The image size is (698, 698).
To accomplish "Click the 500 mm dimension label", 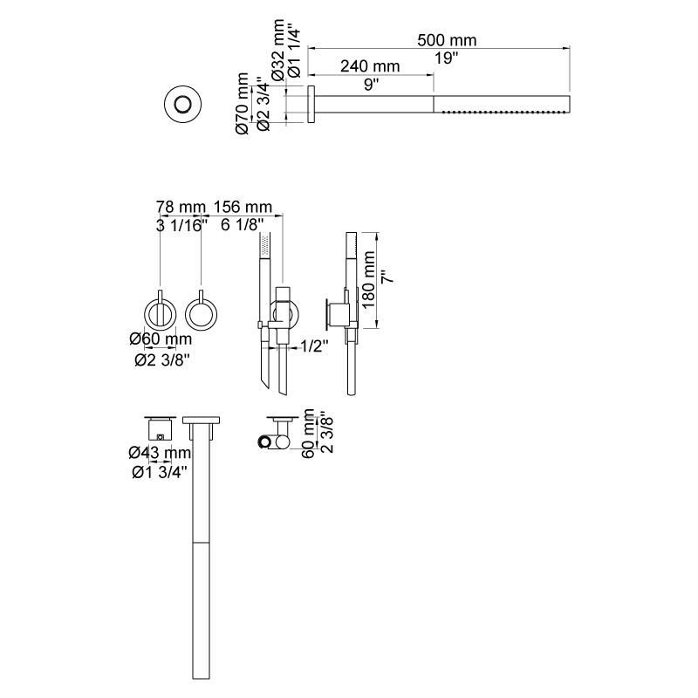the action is [x=447, y=40].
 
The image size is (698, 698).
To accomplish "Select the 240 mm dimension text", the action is [x=370, y=66].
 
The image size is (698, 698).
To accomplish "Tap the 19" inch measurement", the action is [x=447, y=58].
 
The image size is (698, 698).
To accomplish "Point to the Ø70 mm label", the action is [x=243, y=103].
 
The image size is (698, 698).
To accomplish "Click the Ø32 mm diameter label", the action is [x=278, y=50].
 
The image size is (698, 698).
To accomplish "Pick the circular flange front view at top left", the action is [x=182, y=105].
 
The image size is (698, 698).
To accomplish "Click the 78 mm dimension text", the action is [x=181, y=207].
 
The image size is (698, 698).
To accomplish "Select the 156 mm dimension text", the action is [x=243, y=207].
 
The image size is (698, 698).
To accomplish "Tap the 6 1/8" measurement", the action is [x=243, y=225].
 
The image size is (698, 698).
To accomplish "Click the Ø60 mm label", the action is [x=161, y=339].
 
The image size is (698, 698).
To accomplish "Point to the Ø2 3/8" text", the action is [x=162, y=359].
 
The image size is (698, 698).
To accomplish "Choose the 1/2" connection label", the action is [x=314, y=346].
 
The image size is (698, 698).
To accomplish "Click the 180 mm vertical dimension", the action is [x=368, y=279].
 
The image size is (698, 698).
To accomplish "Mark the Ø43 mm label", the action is [x=160, y=453].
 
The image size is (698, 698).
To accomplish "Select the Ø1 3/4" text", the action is [x=160, y=472].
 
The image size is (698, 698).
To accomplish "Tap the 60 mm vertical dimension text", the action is [x=308, y=434].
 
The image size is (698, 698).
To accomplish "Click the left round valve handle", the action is [x=161, y=314].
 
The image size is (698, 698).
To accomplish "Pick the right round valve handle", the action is [x=202, y=314].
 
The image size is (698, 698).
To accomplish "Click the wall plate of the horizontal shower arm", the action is [x=311, y=104].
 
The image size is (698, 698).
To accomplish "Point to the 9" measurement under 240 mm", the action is [x=372, y=85].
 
